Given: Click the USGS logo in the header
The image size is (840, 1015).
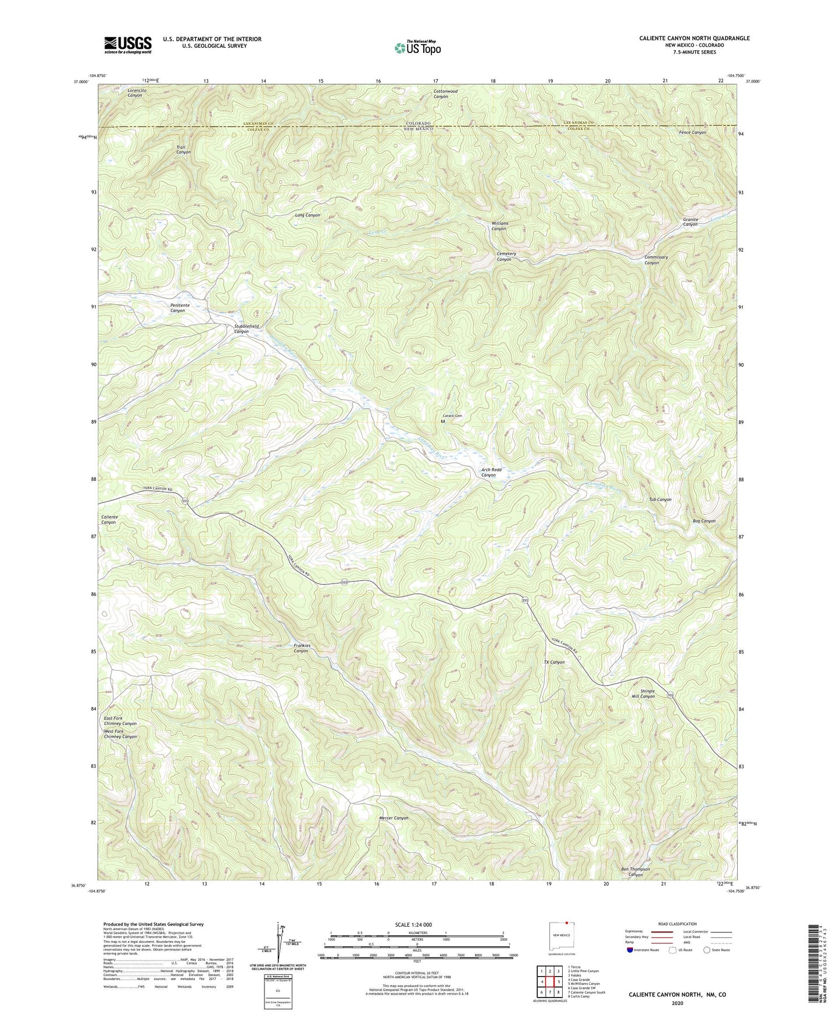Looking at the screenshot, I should point(127,45).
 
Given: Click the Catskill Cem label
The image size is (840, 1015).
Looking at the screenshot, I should point(452,416).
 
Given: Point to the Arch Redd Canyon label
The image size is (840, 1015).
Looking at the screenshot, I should point(491,472).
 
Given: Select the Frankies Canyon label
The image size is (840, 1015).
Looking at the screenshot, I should point(301,648).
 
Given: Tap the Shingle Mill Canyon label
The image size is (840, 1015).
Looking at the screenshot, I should point(643,694).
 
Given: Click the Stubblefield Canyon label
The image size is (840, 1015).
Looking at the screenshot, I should point(242,329).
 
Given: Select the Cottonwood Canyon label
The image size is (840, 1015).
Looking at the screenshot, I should point(445,94).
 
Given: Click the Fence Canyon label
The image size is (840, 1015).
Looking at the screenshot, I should point(692,133).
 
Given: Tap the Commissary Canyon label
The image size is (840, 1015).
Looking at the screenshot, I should point(656,260).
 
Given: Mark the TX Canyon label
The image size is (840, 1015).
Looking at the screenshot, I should point(553,662).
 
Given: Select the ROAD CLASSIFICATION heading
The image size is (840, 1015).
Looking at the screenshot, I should point(677,924).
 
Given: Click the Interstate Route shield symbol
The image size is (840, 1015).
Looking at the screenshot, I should point(631,950).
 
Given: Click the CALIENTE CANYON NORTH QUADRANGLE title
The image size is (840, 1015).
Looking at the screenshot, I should point(694,38).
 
